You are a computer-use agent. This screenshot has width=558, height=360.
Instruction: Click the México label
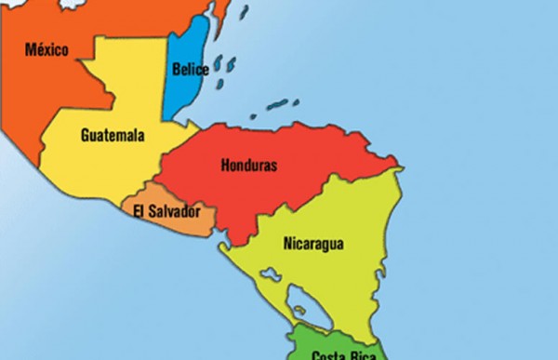point(46,48)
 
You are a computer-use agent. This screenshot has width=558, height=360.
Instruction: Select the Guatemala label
point(113,135)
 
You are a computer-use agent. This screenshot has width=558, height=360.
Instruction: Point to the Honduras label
point(249,166)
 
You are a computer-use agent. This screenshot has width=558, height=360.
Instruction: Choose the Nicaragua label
point(313,245)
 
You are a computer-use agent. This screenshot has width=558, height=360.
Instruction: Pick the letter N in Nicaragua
point(286,245)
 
